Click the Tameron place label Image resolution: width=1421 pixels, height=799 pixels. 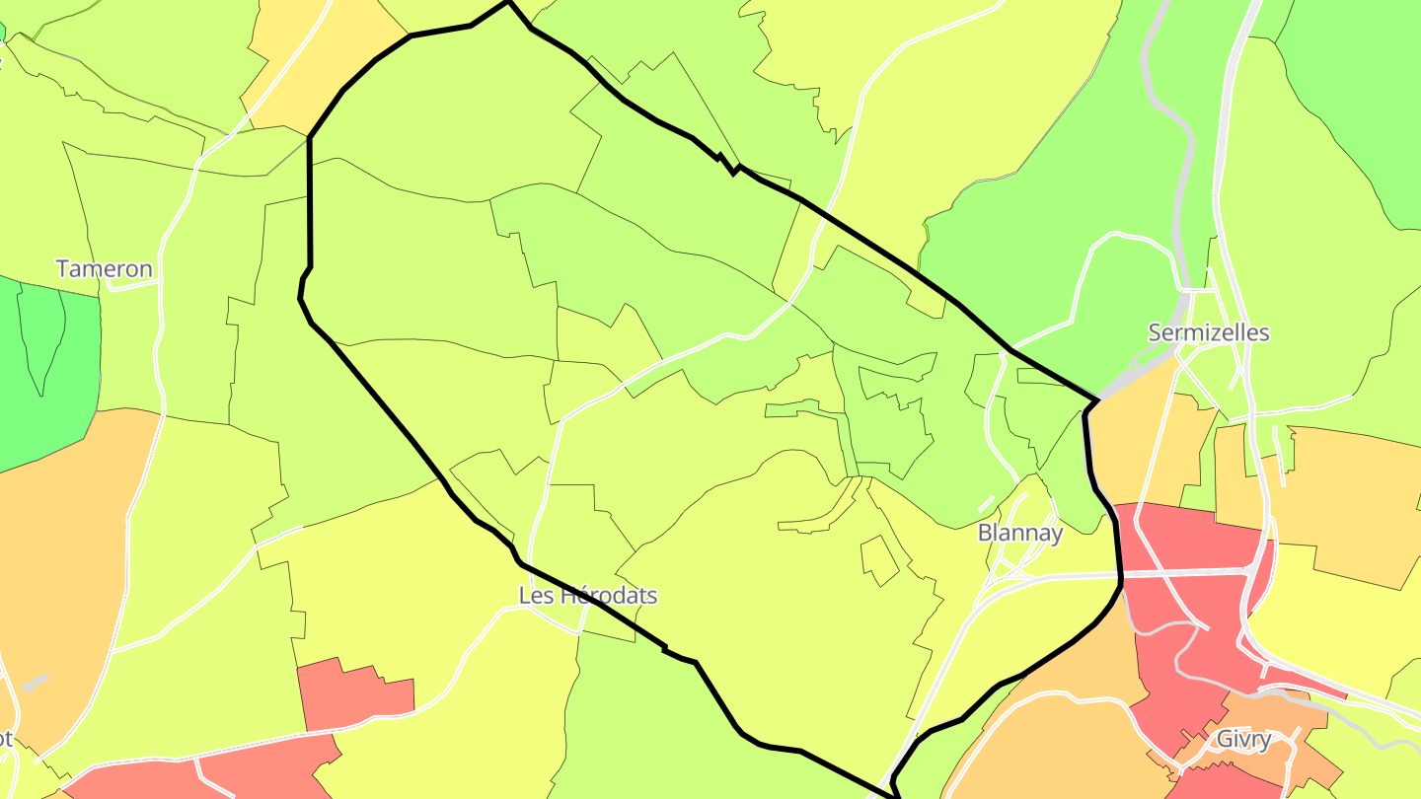[105, 268]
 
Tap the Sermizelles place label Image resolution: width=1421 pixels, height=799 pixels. [1208, 332]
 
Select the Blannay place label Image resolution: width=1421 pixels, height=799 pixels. [1020, 533]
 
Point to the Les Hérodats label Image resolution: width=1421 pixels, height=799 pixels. [588, 596]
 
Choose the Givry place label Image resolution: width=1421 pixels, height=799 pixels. [1243, 739]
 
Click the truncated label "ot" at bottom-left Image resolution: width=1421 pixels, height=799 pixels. [6, 739]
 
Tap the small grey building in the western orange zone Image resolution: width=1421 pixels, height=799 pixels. [35, 682]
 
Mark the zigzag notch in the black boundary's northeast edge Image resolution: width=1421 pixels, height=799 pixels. [730, 166]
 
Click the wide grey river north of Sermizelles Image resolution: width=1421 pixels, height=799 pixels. [1174, 128]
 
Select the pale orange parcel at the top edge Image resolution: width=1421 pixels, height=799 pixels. [316, 59]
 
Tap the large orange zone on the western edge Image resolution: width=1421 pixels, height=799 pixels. [59, 552]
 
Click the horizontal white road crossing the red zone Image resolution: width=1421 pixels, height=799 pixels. [1184, 572]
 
